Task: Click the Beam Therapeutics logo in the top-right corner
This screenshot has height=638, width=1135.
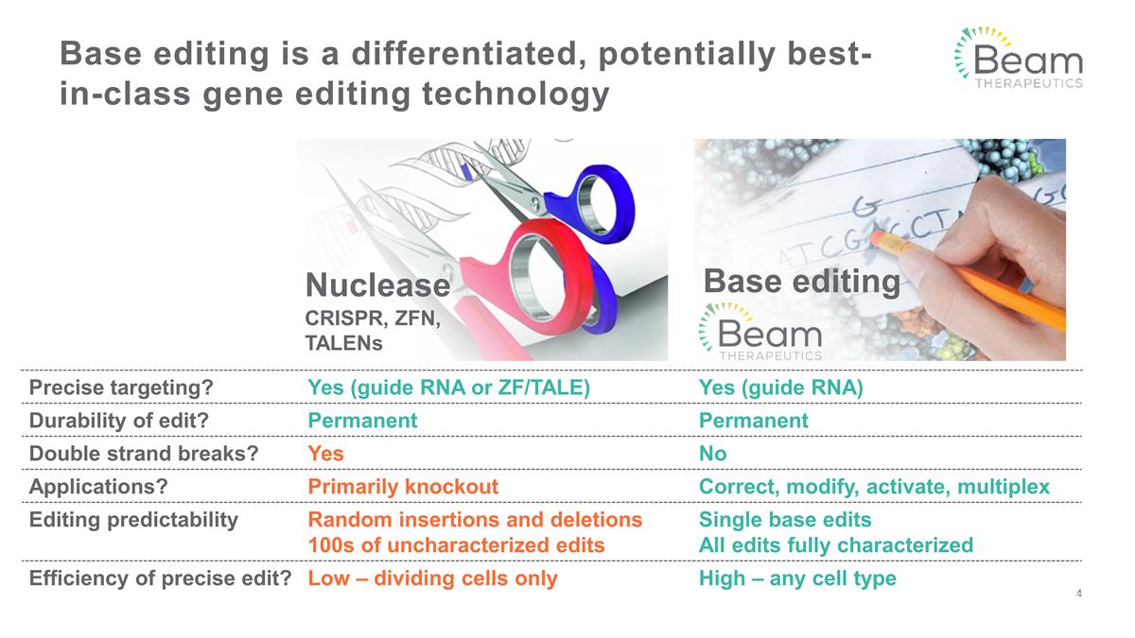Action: point(1017,58)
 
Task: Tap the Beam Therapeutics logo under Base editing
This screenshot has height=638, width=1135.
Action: point(760,331)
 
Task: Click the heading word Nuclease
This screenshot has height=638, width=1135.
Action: point(376,285)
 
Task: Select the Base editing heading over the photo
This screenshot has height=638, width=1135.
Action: point(802,281)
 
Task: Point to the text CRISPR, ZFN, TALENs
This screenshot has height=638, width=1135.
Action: point(372,331)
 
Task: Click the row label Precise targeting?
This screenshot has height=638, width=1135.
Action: point(121,388)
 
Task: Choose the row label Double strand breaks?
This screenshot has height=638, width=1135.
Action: point(144,454)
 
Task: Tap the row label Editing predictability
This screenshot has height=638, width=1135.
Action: point(133,520)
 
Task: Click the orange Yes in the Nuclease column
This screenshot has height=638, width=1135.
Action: point(325,454)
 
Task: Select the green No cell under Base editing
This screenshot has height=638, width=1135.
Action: point(712,454)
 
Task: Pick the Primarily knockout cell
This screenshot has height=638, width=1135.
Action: point(403,487)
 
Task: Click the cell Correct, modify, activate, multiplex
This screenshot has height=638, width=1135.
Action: point(874,487)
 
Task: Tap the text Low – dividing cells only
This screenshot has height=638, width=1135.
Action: point(432,578)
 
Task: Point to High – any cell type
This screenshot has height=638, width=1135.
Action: point(796,578)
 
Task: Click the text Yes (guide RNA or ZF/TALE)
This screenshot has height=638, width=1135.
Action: point(449,388)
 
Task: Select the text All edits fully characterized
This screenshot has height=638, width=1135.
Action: point(835,545)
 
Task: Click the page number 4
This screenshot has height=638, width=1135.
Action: point(1079,594)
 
